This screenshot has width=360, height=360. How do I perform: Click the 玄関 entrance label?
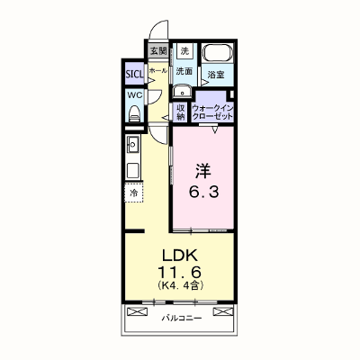pos(158,51)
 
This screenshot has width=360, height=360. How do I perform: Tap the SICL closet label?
pos(134,74)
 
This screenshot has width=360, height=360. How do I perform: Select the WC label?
pos(135,95)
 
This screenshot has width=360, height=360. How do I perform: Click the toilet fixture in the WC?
pos(134,113)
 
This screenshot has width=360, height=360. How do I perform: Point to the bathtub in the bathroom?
pos(217,53)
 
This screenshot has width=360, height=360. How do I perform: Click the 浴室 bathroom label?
pos(216,75)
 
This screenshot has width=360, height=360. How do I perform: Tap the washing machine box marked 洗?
pos(184,51)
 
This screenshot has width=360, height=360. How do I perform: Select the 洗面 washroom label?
pos(184,71)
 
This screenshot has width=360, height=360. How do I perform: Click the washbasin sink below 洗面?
pos(182,91)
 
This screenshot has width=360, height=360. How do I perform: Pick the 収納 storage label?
pos(180,112)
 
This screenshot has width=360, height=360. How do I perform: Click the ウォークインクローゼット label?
pos(212,112)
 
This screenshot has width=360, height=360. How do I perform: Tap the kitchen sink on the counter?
pos(132,144)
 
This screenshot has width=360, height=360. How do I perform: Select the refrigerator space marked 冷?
pos(134,192)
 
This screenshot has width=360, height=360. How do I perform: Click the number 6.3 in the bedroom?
pos(203,192)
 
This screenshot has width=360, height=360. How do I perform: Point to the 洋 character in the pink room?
pos(203,171)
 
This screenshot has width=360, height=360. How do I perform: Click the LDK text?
pos(180,256)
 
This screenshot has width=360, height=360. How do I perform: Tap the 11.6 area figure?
pos(179,273)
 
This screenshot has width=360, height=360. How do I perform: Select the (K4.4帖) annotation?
pos(181,285)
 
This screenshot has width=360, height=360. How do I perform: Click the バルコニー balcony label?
pos(182,318)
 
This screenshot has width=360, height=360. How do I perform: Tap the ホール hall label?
pos(158,70)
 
